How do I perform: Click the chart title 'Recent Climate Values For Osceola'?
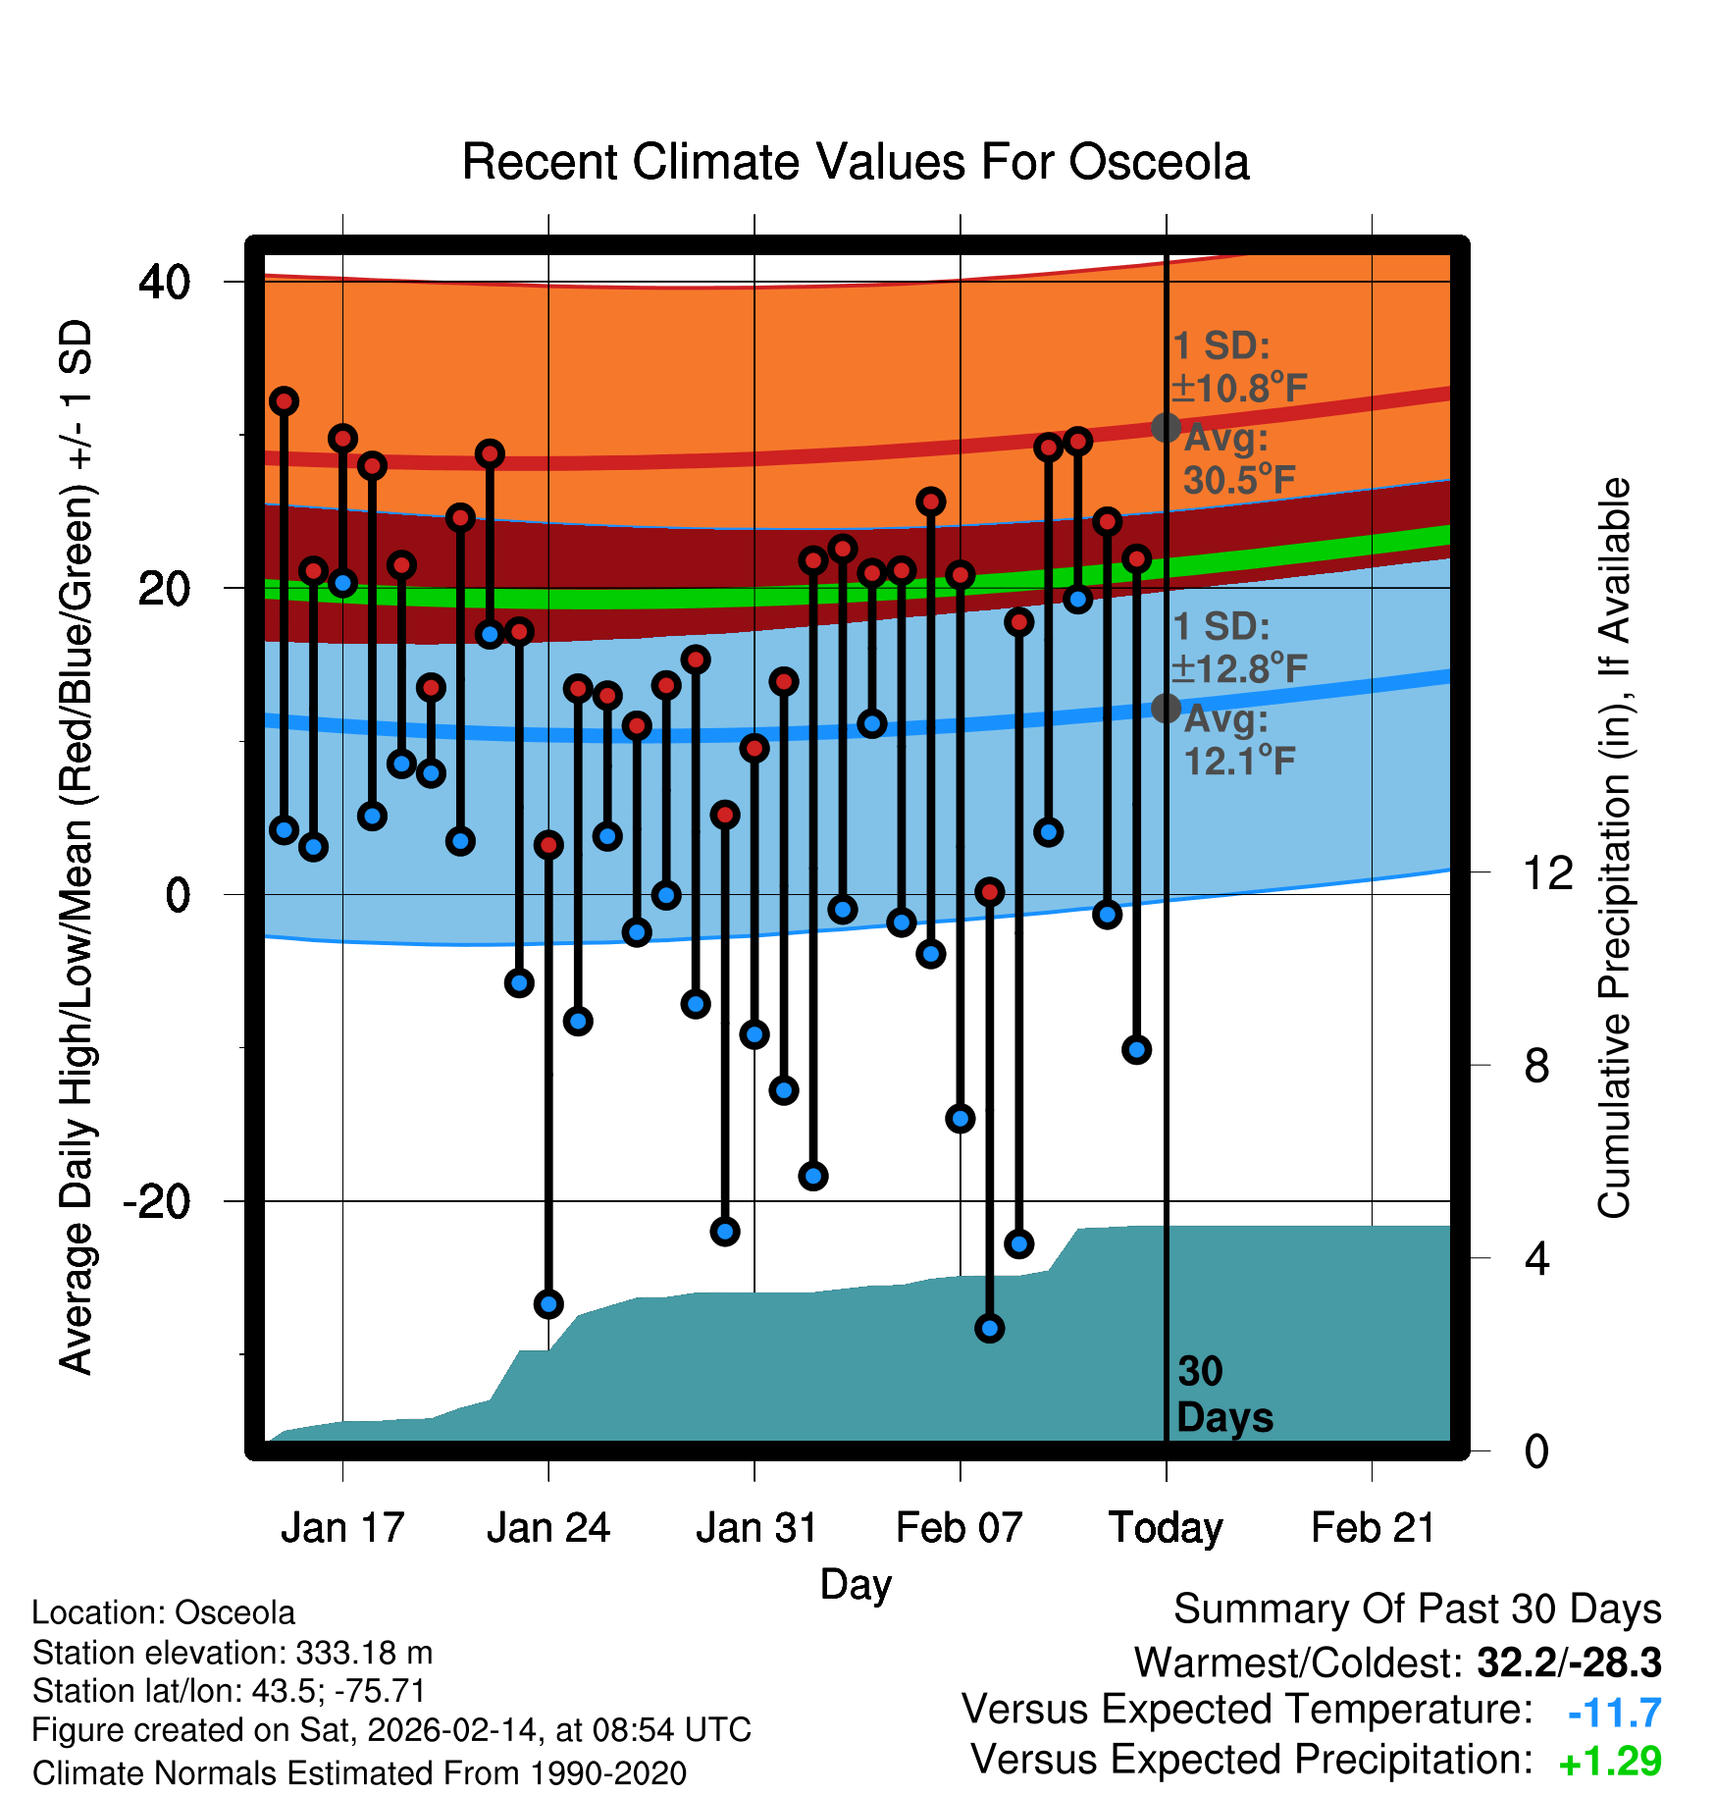[x=856, y=162]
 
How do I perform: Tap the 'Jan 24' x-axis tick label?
[x=548, y=1528]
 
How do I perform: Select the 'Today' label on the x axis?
[x=1166, y=1528]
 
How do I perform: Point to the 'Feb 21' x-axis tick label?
[x=1373, y=1528]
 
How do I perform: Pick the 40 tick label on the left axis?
[x=165, y=283]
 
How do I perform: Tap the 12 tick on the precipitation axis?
[x=1547, y=872]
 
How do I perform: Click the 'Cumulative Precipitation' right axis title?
[x=1614, y=849]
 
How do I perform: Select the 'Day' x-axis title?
[x=856, y=1584]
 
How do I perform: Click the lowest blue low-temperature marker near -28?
[x=989, y=1329]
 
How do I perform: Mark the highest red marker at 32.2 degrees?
[x=284, y=401]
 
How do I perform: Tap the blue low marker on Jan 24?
[x=548, y=1304]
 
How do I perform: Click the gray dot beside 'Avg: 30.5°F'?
[x=1166, y=428]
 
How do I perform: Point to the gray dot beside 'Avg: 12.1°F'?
[x=1166, y=708]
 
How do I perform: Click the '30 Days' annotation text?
[x=1223, y=1395]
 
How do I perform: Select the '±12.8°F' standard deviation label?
[x=1239, y=669]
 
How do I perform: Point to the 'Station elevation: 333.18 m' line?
[x=233, y=1653]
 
